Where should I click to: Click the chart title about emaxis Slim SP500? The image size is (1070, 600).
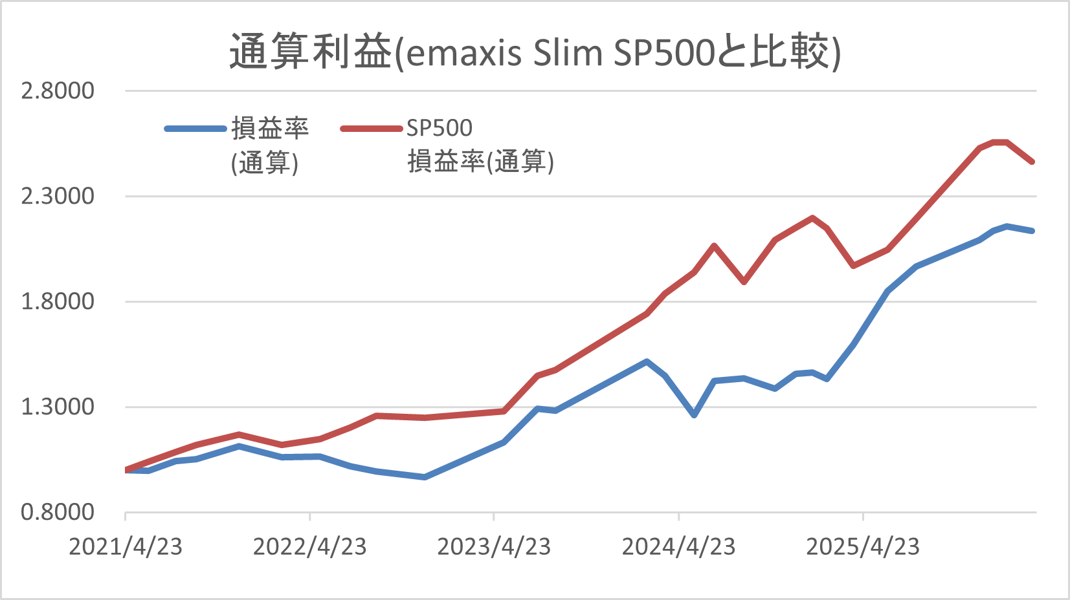535,52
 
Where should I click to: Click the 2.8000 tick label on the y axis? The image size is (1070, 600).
58,91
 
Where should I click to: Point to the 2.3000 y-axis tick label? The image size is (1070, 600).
58,196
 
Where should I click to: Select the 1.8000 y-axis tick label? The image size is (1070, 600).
58,301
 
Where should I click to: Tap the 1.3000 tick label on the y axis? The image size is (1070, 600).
58,407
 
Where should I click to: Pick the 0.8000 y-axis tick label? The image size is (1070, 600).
58,512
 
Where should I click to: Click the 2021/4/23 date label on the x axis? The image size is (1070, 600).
126,547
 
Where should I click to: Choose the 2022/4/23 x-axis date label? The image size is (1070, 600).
309,547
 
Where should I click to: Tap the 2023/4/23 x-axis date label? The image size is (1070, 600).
494,547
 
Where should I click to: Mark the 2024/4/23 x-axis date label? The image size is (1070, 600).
678,547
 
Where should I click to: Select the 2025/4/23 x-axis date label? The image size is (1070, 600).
862,547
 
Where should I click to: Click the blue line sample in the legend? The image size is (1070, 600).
195,129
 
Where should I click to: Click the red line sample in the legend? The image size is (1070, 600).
372,129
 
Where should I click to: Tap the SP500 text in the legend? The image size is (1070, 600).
440,128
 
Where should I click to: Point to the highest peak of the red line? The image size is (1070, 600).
1000,142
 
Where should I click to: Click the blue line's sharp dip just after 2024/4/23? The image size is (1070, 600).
694,414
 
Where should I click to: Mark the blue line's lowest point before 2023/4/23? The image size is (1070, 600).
424,477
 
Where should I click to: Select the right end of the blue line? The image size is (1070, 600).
1032,231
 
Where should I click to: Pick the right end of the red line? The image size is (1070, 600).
1032,162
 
